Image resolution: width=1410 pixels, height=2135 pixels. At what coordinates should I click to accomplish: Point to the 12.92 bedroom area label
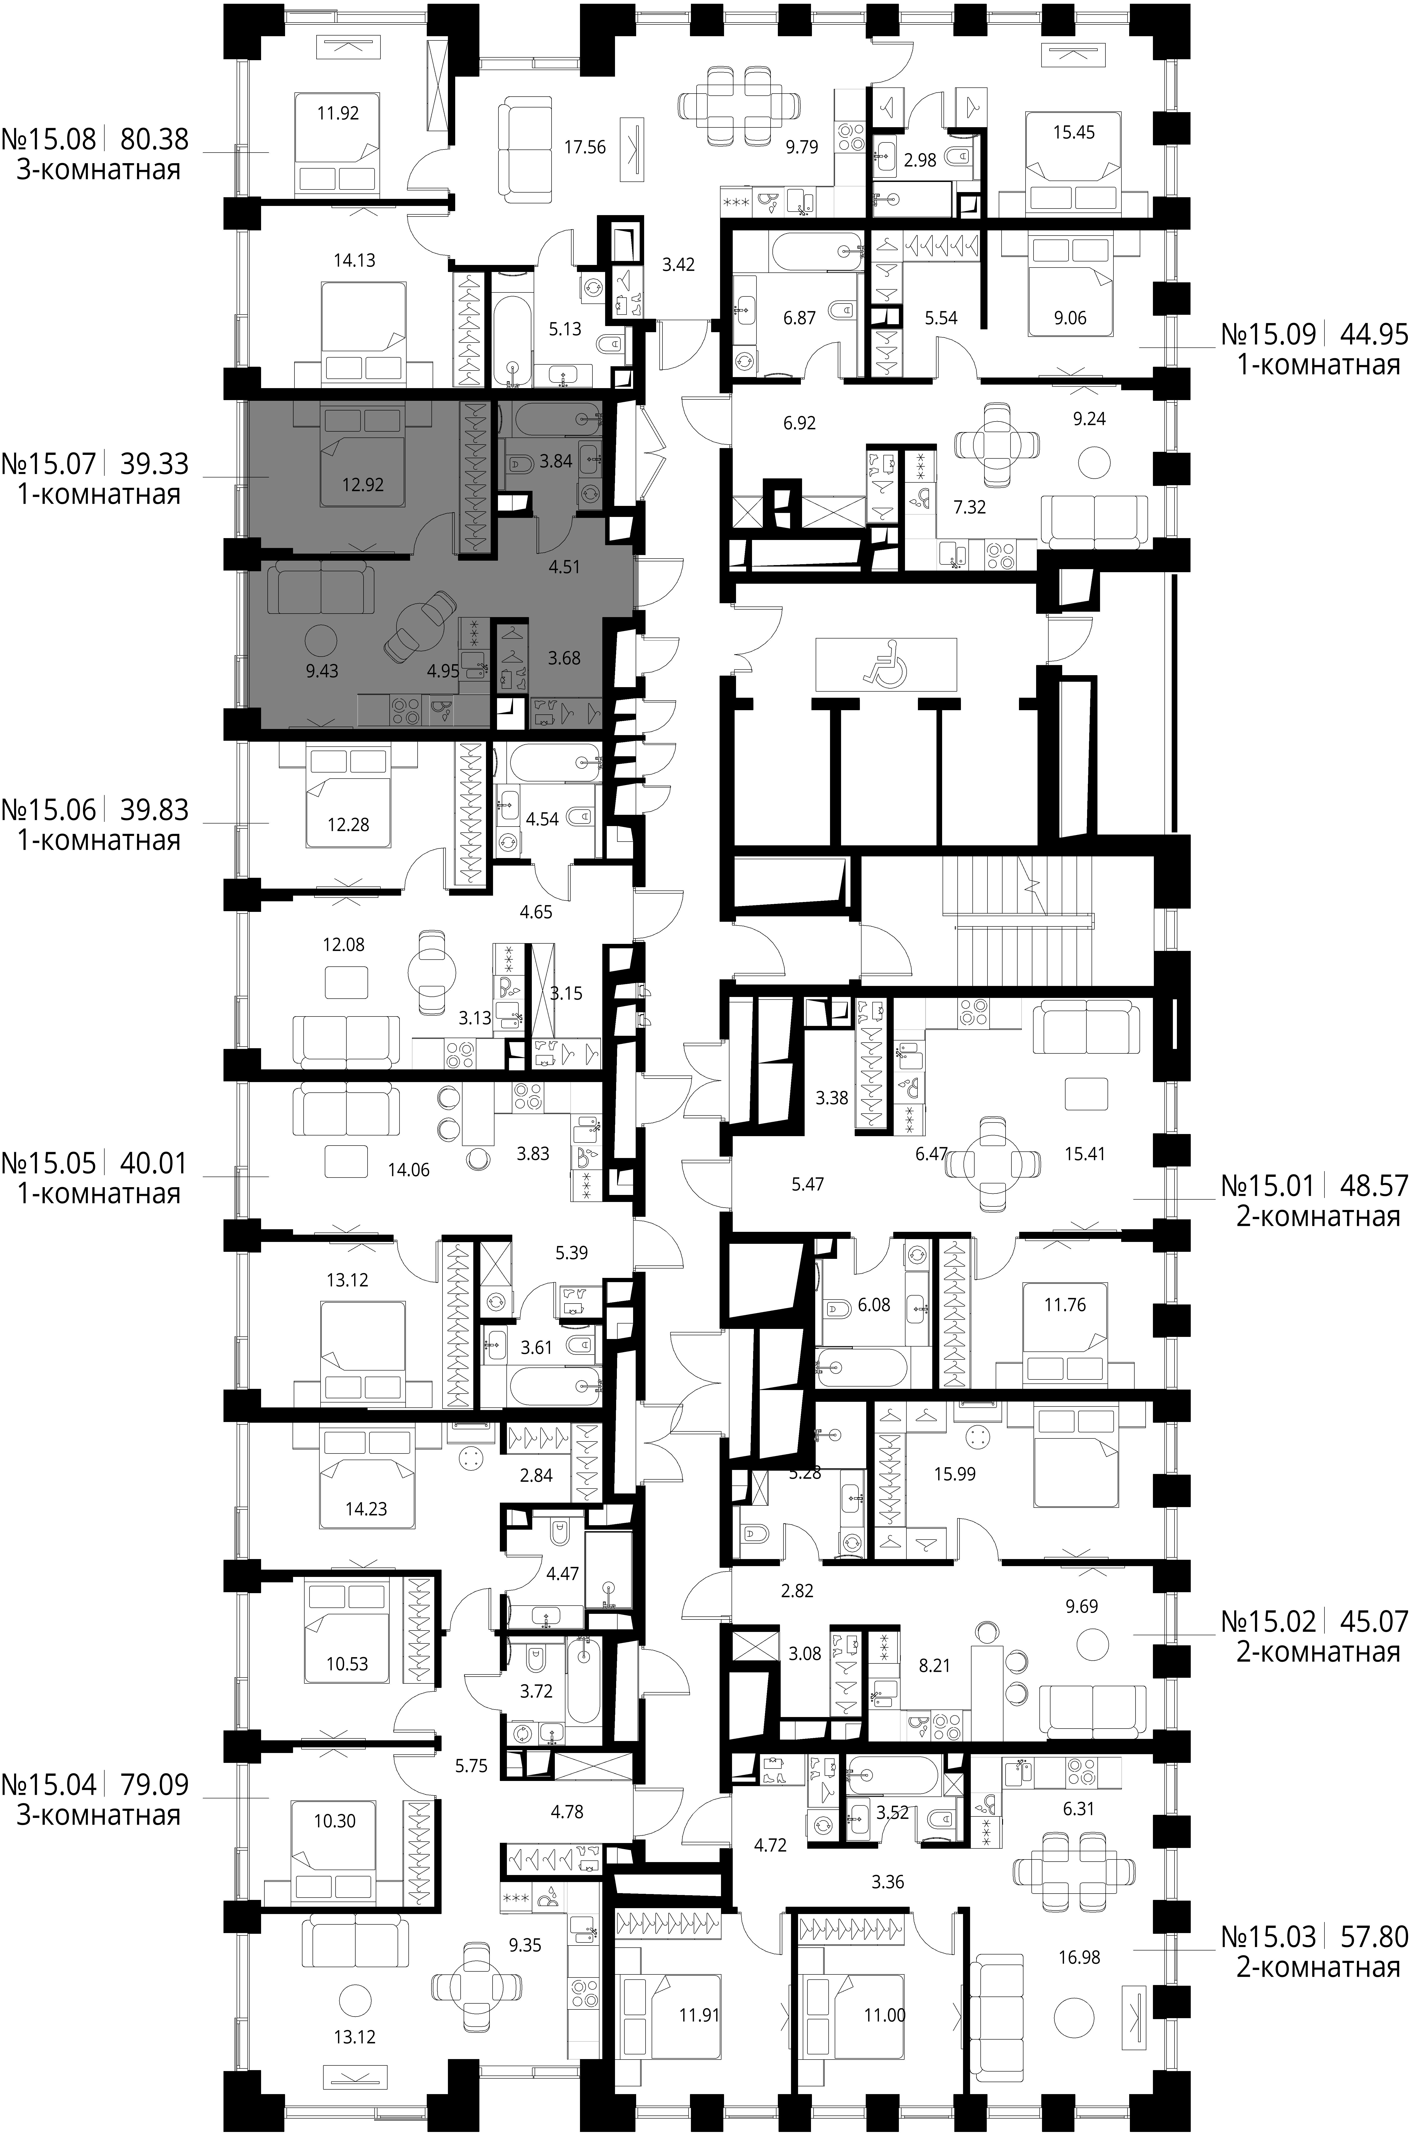363,485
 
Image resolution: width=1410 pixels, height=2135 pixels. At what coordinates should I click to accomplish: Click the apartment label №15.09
1269,335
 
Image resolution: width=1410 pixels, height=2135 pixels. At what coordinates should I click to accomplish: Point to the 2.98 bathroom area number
920,160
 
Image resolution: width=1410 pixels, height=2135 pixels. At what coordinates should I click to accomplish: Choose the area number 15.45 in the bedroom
1075,132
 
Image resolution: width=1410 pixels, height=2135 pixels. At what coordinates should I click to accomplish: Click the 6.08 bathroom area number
874,1305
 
